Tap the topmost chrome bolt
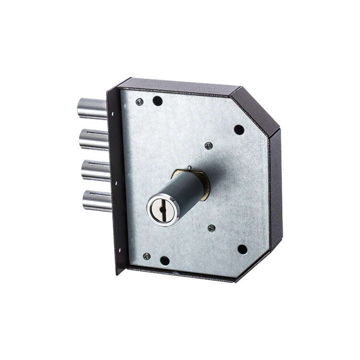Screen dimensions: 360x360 92,108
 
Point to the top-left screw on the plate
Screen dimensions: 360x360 139,102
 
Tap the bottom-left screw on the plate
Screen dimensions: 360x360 147,256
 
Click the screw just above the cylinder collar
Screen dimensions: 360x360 208,145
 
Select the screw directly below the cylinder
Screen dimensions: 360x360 211,228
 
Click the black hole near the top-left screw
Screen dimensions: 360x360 157,101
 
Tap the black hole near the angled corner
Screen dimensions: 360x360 239,129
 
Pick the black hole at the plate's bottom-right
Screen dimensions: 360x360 242,249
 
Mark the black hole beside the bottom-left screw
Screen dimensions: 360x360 165,261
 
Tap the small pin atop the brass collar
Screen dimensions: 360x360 190,168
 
